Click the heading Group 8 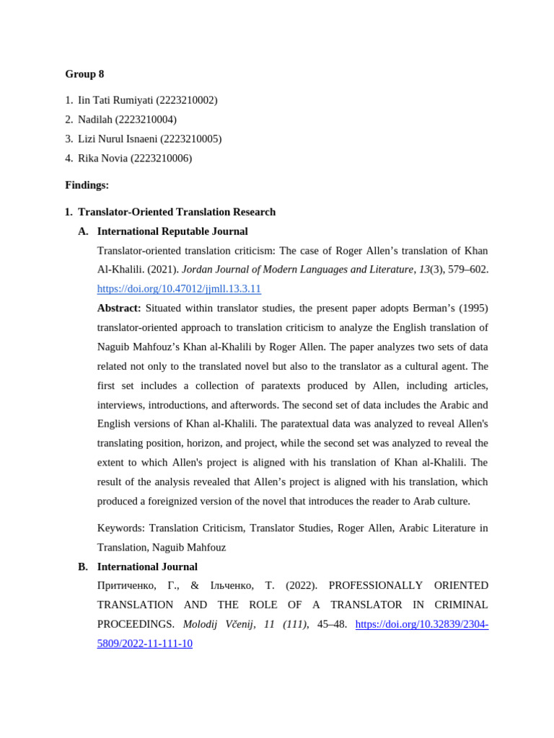pyautogui.click(x=84, y=74)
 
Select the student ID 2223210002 pyautogui.click(x=186, y=100)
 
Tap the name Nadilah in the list pyautogui.click(x=95, y=120)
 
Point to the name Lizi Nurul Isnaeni pyautogui.click(x=118, y=139)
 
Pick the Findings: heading pyautogui.click(x=87, y=185)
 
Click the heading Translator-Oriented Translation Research pyautogui.click(x=177, y=212)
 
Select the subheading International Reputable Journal pyautogui.click(x=172, y=231)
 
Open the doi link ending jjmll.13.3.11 pyautogui.click(x=179, y=289)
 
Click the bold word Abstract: pyautogui.click(x=119, y=308)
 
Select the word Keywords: pyautogui.click(x=121, y=528)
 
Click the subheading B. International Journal pyautogui.click(x=147, y=567)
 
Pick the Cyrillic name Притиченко pyautogui.click(x=127, y=586)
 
